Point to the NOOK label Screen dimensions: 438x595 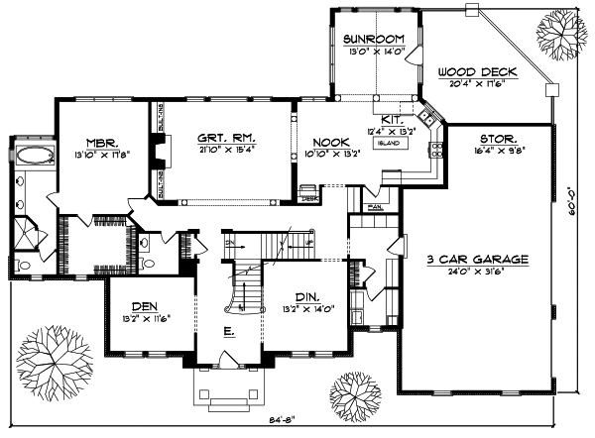coord(323,142)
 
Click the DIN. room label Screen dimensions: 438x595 coord(307,296)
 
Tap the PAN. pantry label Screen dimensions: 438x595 coord(375,206)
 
